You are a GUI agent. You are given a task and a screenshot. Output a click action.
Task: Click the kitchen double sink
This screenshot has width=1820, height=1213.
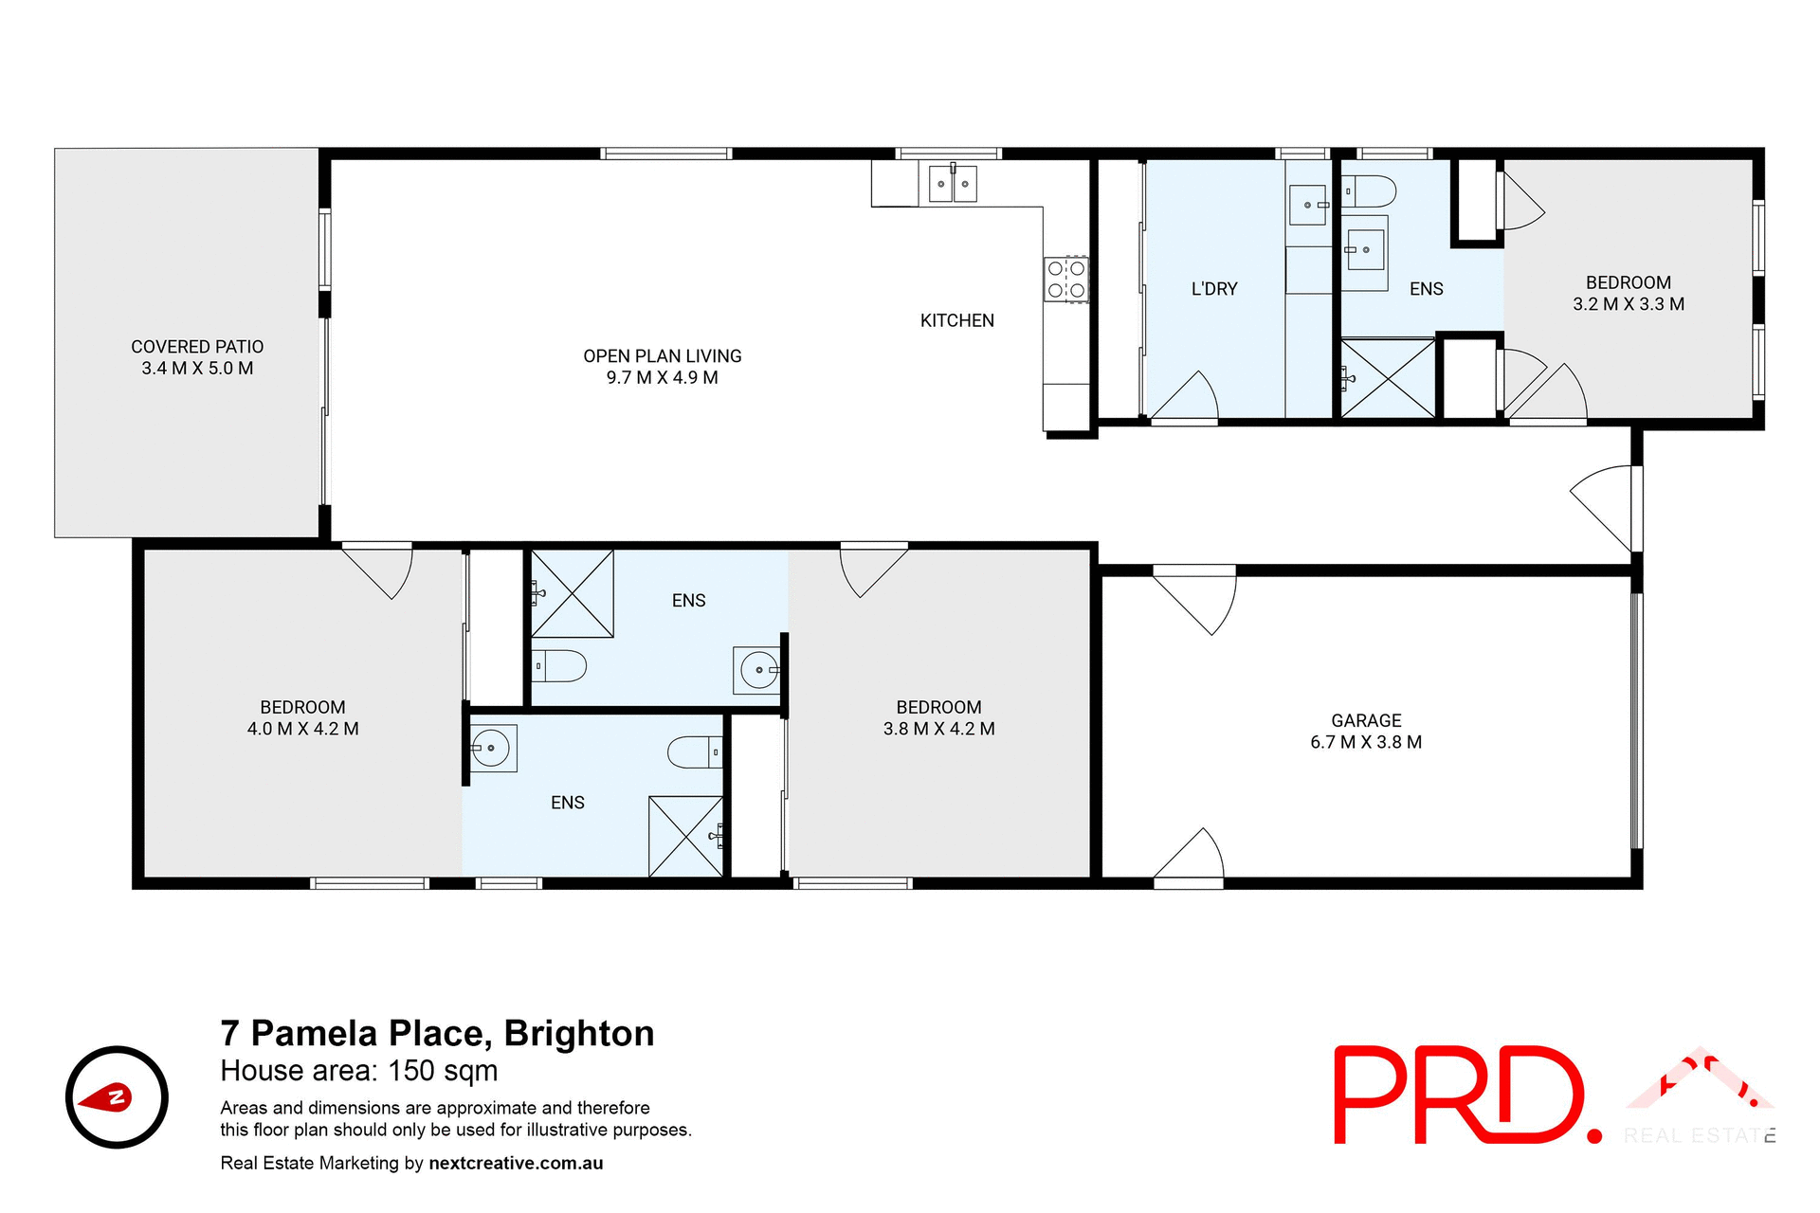pyautogui.click(x=952, y=183)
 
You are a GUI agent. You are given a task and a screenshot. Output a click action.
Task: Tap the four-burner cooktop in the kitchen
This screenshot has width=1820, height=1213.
pyautogui.click(x=1066, y=280)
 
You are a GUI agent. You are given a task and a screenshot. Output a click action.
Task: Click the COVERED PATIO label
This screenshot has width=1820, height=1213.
pyautogui.click(x=197, y=347)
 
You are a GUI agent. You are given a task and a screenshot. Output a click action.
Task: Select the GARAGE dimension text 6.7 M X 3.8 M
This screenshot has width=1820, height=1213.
pyautogui.click(x=1365, y=742)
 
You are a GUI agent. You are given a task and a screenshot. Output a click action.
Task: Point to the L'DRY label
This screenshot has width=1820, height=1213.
pyautogui.click(x=1213, y=289)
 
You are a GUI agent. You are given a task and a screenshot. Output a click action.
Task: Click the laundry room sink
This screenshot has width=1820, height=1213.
pyautogui.click(x=1309, y=205)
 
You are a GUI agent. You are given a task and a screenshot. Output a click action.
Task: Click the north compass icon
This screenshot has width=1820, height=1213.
pyautogui.click(x=117, y=1097)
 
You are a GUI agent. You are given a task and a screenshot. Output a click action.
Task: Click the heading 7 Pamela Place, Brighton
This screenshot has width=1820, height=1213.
pyautogui.click(x=437, y=1033)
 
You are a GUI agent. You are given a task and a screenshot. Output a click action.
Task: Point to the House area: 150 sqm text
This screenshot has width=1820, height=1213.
pyautogui.click(x=358, y=1071)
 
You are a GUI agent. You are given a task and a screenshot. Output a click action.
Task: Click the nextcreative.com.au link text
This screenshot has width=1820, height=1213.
pyautogui.click(x=516, y=1163)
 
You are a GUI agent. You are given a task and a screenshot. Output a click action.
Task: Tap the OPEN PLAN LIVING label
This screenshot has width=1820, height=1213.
pyautogui.click(x=662, y=356)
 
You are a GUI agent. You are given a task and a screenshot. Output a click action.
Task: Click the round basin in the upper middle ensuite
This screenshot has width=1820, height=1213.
pyautogui.click(x=758, y=670)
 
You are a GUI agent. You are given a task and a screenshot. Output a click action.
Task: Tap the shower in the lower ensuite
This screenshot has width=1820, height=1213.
pyautogui.click(x=685, y=836)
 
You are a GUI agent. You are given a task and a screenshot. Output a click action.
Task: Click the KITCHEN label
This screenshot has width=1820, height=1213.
pyautogui.click(x=956, y=320)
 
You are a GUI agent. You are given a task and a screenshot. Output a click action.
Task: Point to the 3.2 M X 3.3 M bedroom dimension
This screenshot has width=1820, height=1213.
pyautogui.click(x=1628, y=304)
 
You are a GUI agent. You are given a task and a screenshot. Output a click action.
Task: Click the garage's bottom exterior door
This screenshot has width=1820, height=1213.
pyautogui.click(x=1189, y=858)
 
